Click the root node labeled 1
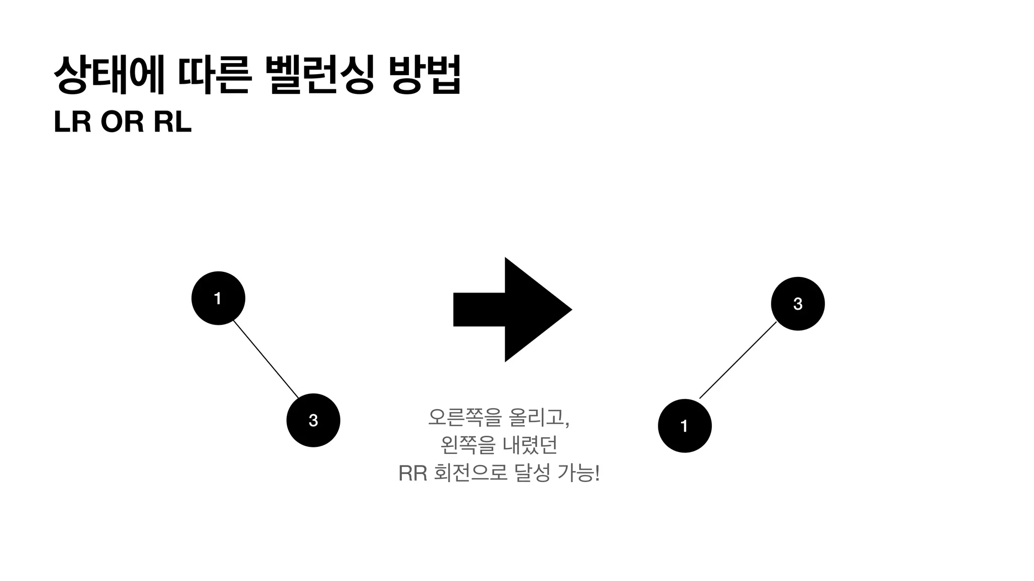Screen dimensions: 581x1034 coord(218,298)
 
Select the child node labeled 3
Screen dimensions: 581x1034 coord(313,420)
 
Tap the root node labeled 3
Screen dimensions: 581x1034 coord(798,304)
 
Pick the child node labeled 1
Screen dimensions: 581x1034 coord(685,426)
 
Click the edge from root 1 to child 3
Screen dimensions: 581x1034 coord(266,359)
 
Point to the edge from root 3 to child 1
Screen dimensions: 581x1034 coord(738,360)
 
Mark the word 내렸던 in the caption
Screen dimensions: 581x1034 coord(530,445)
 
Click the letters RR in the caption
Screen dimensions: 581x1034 coord(412,474)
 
